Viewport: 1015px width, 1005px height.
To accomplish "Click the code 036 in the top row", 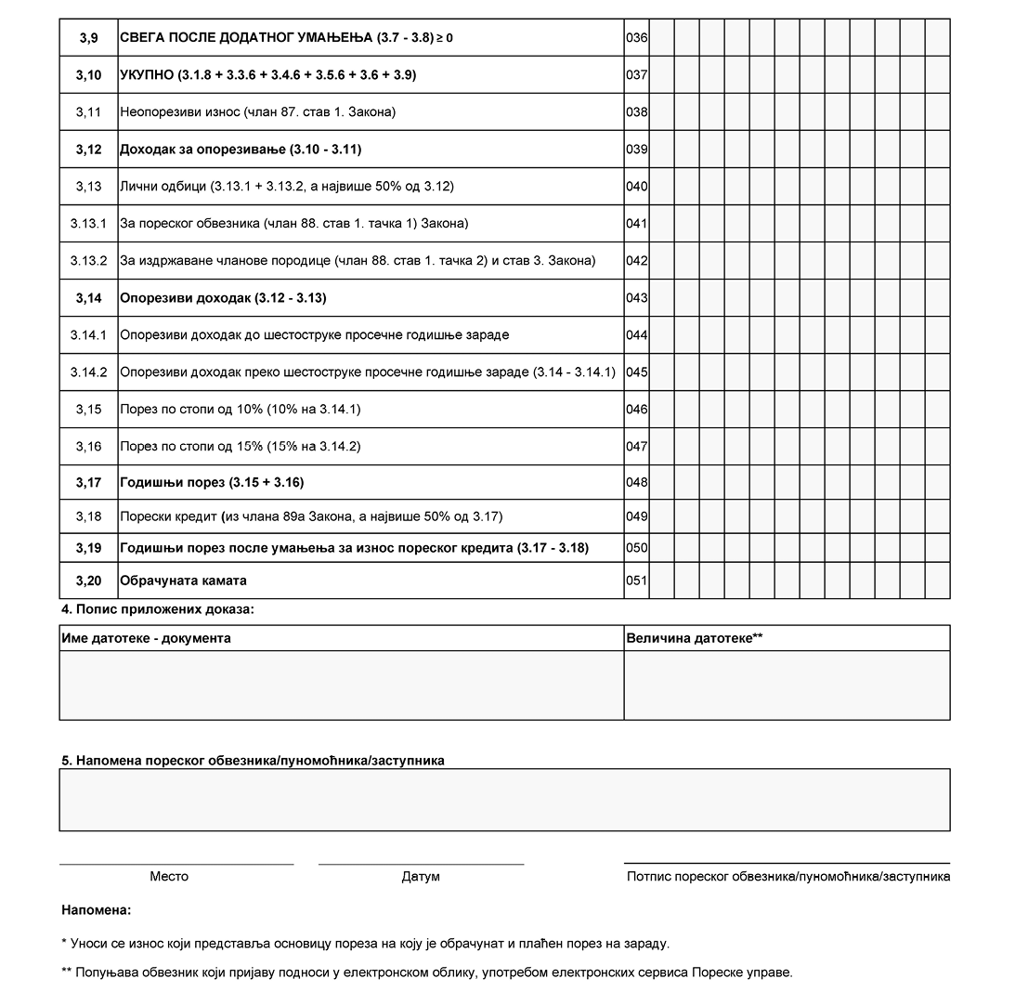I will coord(636,38).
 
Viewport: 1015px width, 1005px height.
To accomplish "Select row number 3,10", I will coord(88,75).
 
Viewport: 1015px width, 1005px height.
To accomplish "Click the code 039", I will coord(636,150).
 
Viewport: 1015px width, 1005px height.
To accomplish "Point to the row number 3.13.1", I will coord(88,224).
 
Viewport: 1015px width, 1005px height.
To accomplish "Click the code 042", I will coord(636,261).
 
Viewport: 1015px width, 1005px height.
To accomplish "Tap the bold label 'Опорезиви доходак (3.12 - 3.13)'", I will coord(223,298).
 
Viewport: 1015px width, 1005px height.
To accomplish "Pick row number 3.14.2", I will coord(88,372).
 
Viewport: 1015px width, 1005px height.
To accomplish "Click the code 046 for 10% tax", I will coord(636,410).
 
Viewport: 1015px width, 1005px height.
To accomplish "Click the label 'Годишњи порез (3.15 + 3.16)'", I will coord(212,483).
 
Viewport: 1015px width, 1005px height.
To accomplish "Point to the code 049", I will coord(636,516).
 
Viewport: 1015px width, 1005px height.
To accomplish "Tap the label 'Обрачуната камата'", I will coord(183,581).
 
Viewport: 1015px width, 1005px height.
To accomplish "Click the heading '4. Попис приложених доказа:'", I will coord(157,610).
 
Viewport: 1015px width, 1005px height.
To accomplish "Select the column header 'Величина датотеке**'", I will coord(695,638).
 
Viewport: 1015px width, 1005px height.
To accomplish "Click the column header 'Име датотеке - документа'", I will coord(146,638).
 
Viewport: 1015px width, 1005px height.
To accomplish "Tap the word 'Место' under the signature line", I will coord(169,876).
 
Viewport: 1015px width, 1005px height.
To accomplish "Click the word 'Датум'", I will coord(421,876).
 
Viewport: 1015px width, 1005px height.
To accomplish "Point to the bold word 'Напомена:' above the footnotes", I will coord(97,910).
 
